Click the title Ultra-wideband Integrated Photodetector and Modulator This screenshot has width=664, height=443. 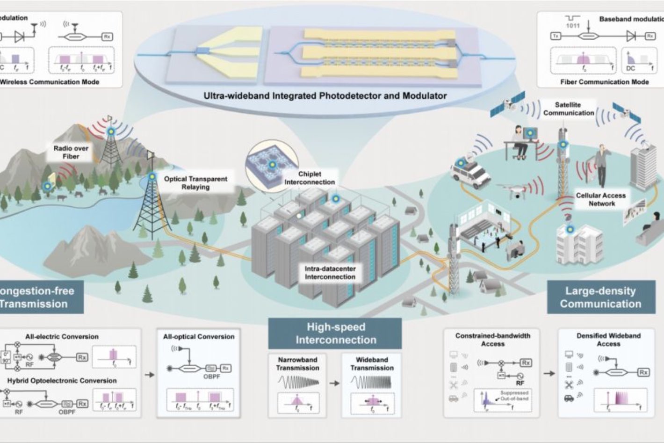pos(325,96)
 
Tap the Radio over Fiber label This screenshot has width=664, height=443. pos(71,152)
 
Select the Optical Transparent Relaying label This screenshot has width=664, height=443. pos(195,182)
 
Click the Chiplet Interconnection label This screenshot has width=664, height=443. pos(310,178)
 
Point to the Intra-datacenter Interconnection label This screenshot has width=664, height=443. pos(330,273)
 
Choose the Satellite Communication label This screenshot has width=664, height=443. pos(568,109)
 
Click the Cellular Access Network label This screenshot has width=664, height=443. pos(601,199)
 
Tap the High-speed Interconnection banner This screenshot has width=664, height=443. pos(335,333)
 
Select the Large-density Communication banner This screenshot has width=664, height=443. pos(600,297)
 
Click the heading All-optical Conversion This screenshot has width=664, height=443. pos(199,336)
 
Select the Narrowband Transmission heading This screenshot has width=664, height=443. pos(297,363)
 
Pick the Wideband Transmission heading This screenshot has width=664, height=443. pos(372,363)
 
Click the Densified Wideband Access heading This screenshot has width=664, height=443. pos(608,340)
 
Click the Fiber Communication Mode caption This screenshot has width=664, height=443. pos(604,82)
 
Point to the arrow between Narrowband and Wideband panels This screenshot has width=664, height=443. pos(334,383)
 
